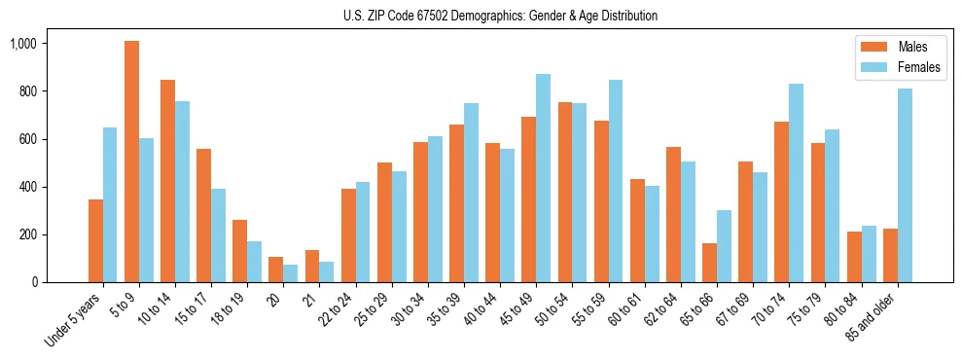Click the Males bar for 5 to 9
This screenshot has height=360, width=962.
click(x=131, y=162)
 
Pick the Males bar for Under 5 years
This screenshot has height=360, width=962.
click(x=95, y=240)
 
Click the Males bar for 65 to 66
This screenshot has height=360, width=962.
click(x=709, y=263)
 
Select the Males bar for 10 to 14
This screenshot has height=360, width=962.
click(x=167, y=181)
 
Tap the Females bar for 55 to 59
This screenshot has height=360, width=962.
click(x=615, y=181)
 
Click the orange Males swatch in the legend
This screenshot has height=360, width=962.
click(x=872, y=47)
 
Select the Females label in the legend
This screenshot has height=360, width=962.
click(x=920, y=67)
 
